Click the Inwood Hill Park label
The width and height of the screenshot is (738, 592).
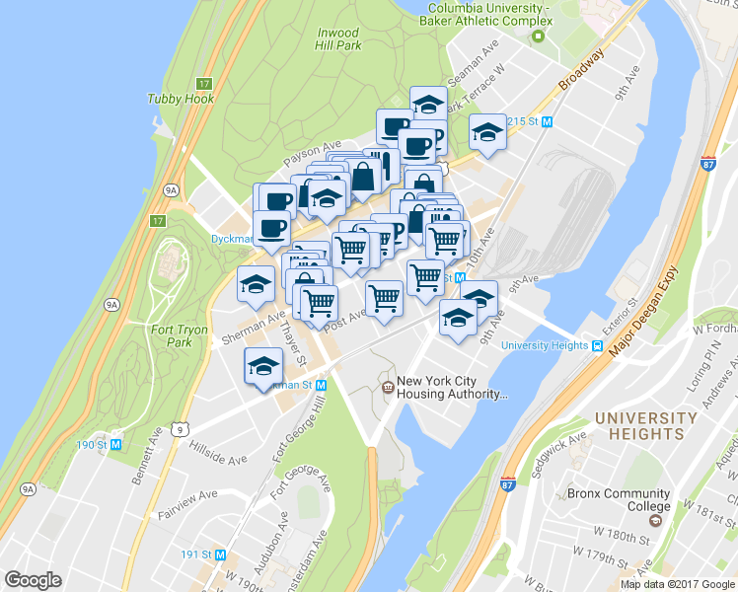(337, 39)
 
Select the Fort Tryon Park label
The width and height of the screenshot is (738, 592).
(179, 335)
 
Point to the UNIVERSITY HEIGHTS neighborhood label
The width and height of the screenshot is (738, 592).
(646, 425)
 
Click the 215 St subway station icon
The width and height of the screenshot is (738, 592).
(546, 121)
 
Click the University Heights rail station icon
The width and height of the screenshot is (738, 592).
(597, 345)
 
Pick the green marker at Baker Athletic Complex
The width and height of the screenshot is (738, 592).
(538, 37)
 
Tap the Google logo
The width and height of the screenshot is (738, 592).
(34, 580)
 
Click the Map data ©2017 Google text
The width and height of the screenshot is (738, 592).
(677, 584)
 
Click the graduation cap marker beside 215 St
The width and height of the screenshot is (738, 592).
(487, 132)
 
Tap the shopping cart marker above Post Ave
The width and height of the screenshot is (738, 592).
(384, 295)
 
